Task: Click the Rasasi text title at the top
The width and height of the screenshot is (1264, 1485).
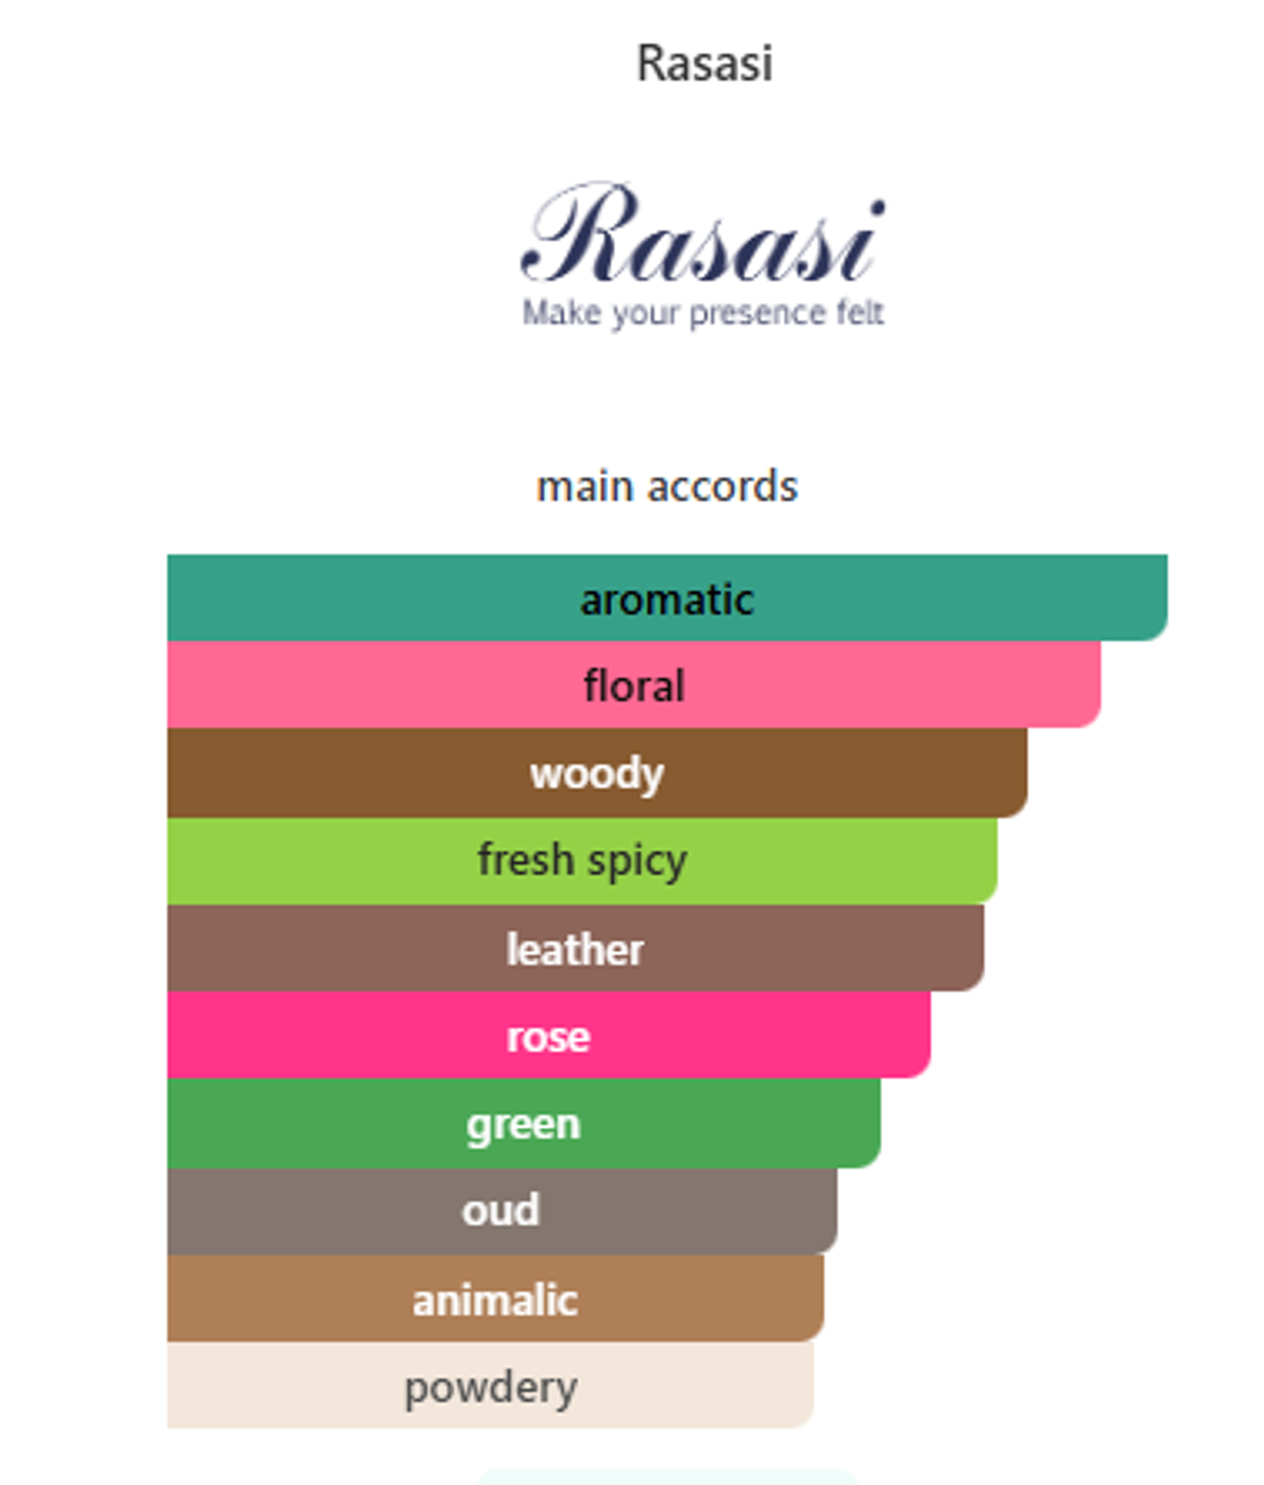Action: (x=705, y=63)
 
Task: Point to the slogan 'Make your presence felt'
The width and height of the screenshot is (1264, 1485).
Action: (x=703, y=314)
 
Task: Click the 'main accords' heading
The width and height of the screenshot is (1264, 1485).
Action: (x=667, y=487)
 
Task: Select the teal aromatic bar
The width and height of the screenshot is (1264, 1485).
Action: (x=667, y=597)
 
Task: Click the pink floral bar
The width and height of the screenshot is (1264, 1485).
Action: (x=634, y=684)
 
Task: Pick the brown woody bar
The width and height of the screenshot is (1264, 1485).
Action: (x=597, y=773)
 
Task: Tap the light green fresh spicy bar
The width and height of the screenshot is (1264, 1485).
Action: (x=582, y=861)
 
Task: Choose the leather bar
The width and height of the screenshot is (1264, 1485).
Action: (x=576, y=948)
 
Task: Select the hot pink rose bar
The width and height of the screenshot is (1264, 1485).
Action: (x=549, y=1034)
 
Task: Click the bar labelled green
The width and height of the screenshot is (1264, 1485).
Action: (x=524, y=1123)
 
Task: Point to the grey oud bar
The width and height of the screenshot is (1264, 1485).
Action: (x=502, y=1211)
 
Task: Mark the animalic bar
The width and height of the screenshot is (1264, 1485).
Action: (x=496, y=1298)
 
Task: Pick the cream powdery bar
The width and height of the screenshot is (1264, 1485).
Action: (x=491, y=1385)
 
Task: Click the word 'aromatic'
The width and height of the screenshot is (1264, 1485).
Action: (x=667, y=600)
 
